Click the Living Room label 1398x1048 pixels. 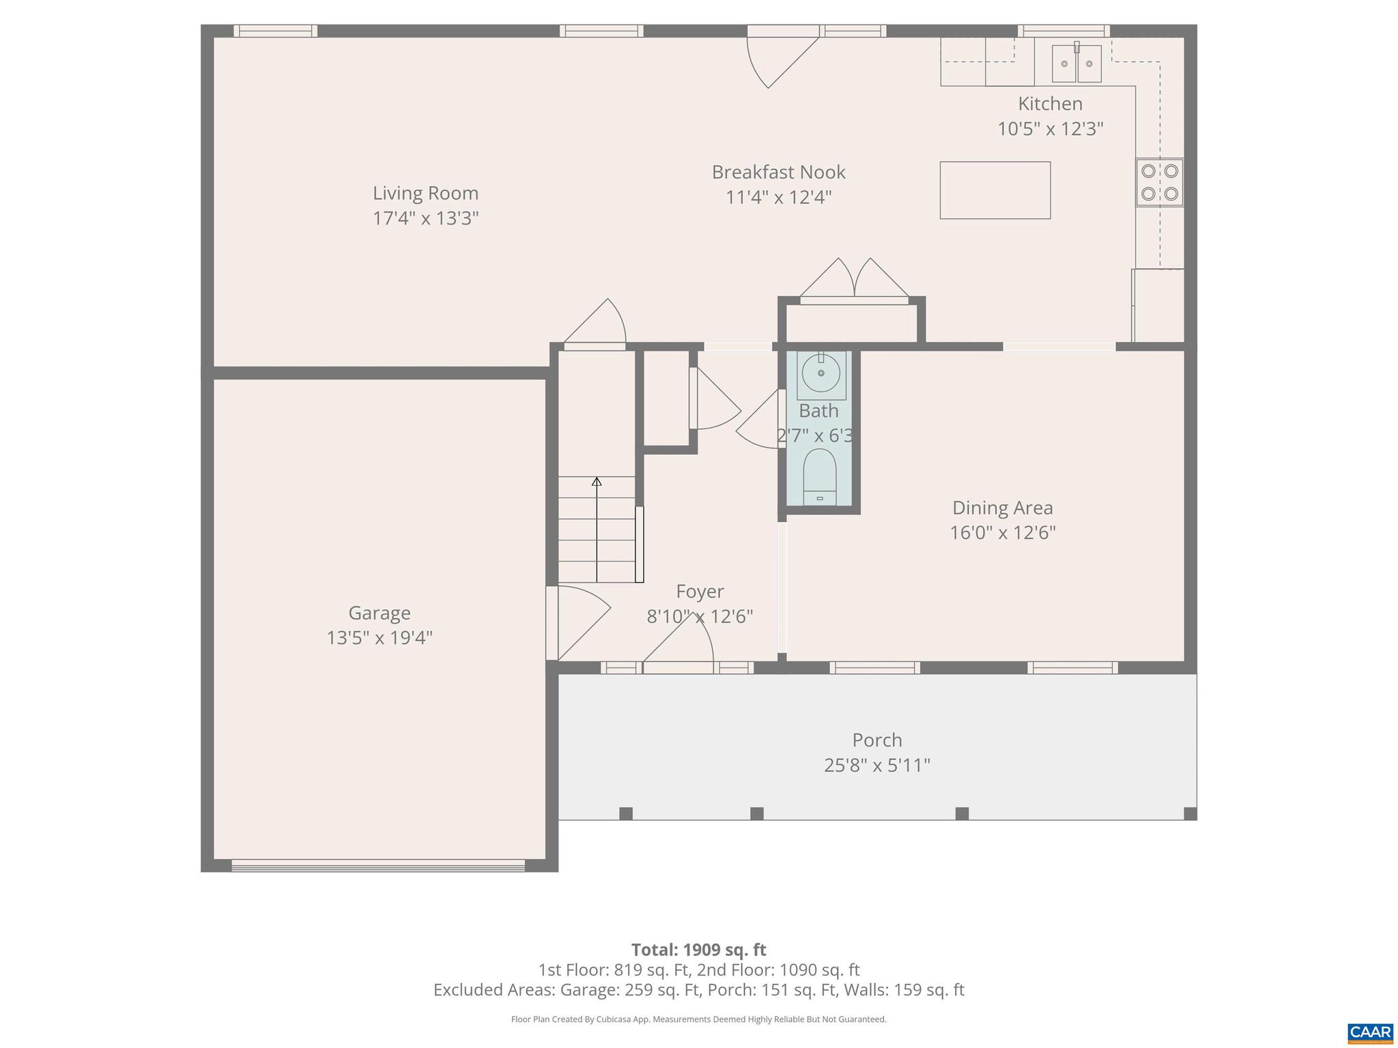pyautogui.click(x=425, y=193)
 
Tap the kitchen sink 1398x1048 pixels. pyautogui.click(x=1076, y=63)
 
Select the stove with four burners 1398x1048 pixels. pyautogui.click(x=1159, y=182)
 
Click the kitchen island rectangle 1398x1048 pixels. pyautogui.click(x=995, y=190)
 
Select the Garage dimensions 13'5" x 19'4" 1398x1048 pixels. pyautogui.click(x=380, y=638)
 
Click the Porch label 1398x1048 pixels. pyautogui.click(x=876, y=740)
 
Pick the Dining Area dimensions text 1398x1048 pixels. pyautogui.click(x=1002, y=533)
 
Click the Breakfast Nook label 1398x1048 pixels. pyautogui.click(x=778, y=172)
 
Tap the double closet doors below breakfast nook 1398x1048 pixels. pyautogui.click(x=854, y=281)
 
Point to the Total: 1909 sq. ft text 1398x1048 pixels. pyautogui.click(x=698, y=950)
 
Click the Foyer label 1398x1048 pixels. pyautogui.click(x=700, y=591)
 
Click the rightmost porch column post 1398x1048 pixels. pyautogui.click(x=1189, y=813)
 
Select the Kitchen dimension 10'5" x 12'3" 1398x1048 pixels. pyautogui.click(x=1050, y=129)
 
